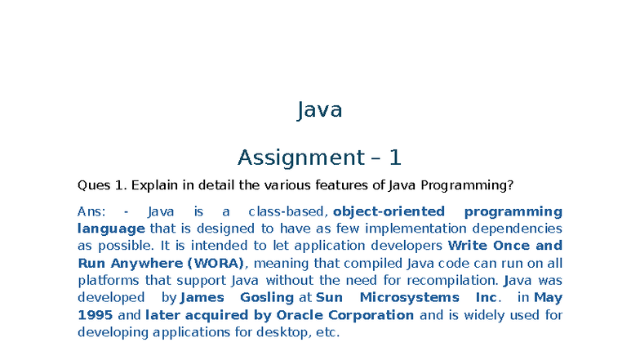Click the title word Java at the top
(x=319, y=110)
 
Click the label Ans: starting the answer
(x=91, y=211)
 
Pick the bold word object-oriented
(x=389, y=211)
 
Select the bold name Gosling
(x=266, y=297)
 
